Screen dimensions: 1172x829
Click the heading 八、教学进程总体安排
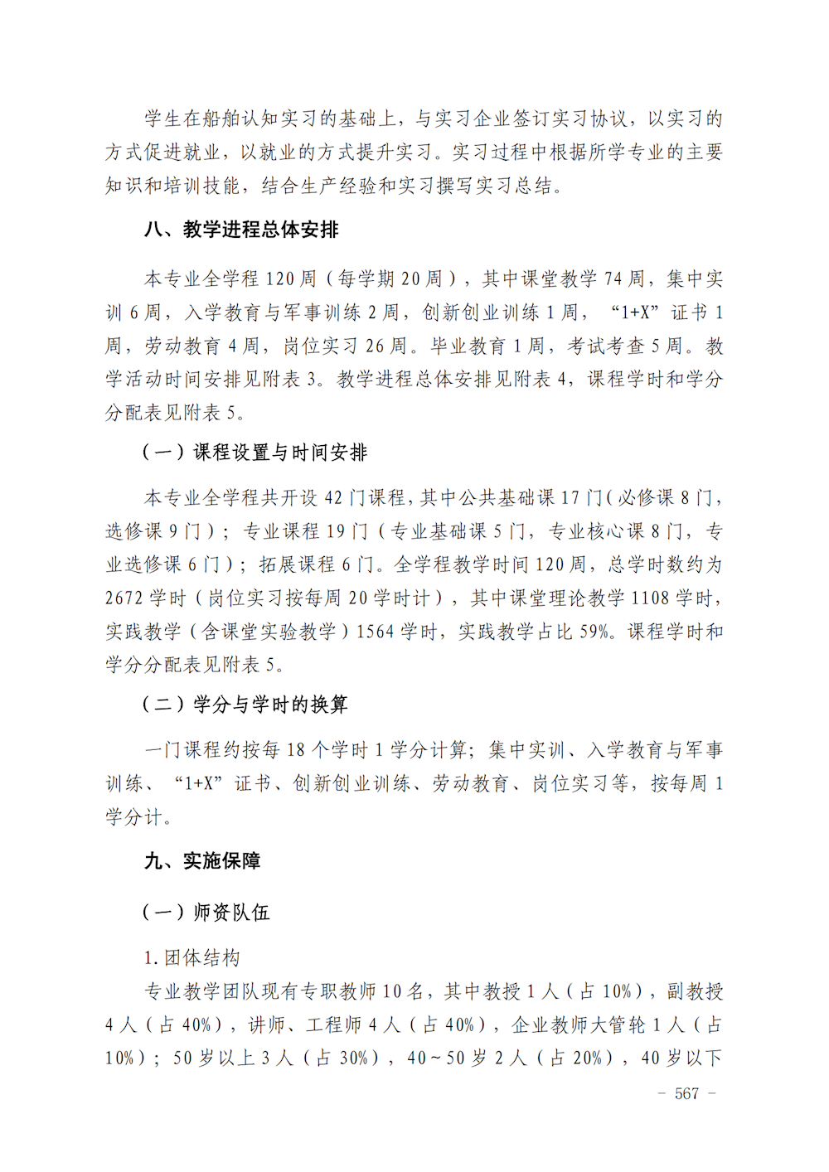241,230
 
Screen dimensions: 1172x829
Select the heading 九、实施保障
202,861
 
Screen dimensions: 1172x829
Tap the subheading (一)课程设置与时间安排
255,453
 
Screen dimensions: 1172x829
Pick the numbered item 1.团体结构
191,958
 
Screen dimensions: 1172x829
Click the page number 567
686,1093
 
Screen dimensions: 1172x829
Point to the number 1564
375,632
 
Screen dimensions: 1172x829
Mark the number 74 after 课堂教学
613,279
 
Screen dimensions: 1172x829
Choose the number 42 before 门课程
334,498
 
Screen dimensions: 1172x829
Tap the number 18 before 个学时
296,750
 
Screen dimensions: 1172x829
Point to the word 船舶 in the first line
202,119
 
